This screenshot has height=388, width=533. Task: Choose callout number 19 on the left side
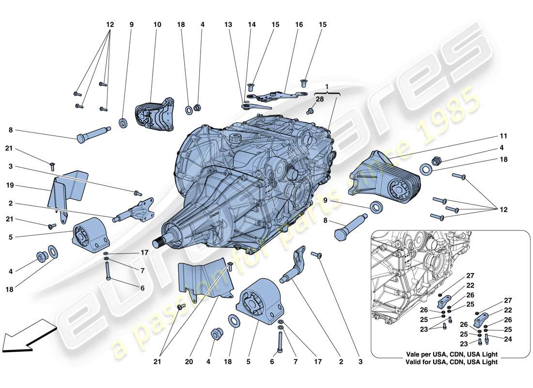click(10, 185)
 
